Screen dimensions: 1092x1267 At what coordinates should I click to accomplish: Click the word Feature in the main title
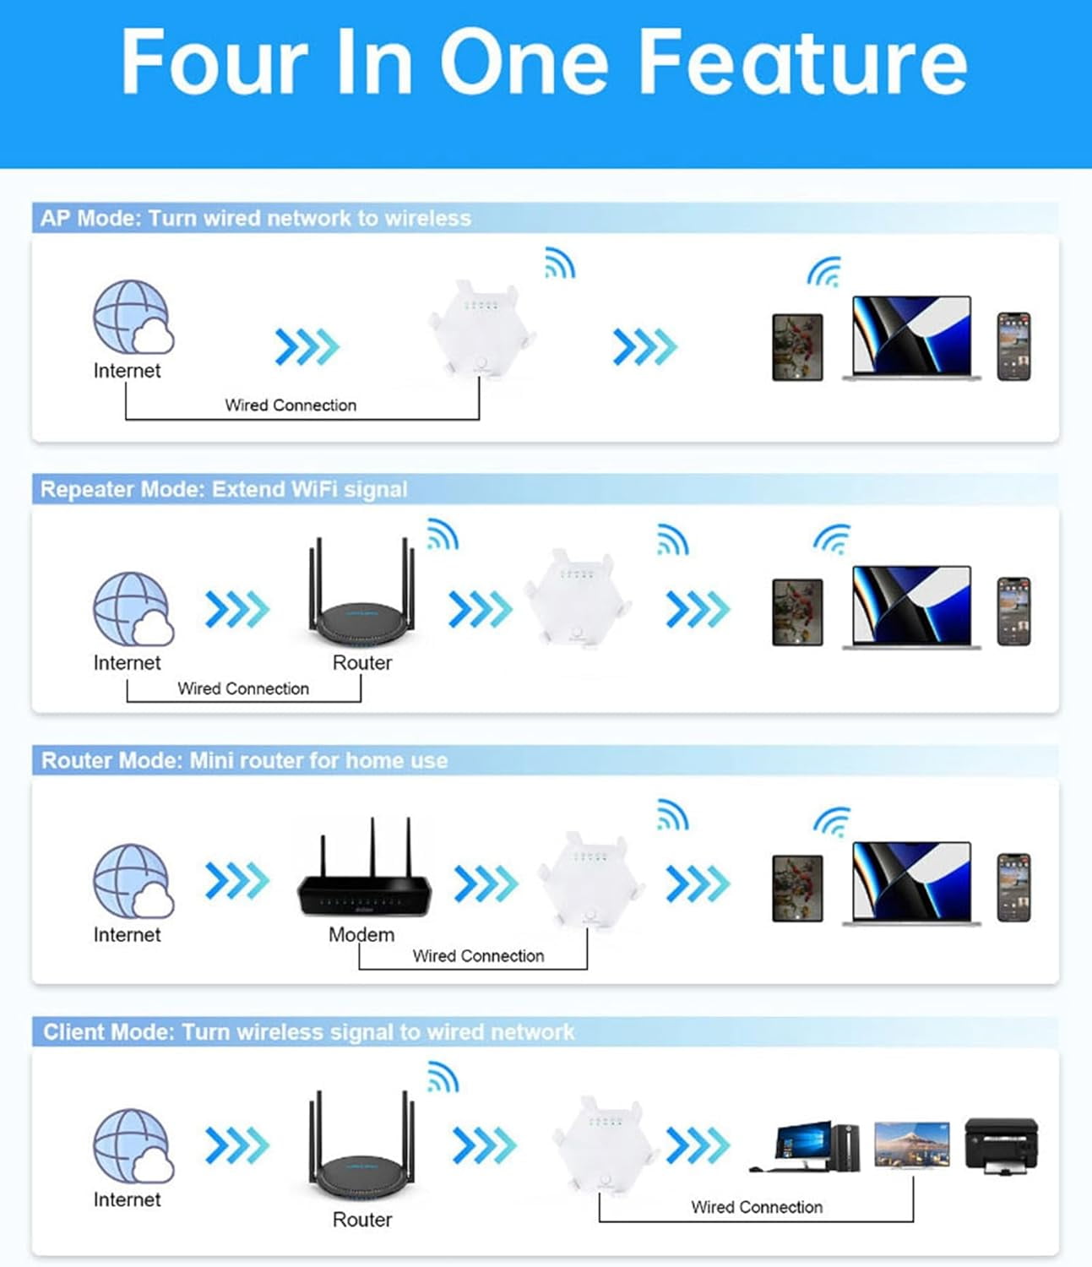[803, 63]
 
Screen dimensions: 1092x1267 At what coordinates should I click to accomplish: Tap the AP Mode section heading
[256, 218]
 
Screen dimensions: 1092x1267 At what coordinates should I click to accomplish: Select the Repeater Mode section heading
[224, 489]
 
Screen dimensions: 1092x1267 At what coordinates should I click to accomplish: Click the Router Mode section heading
[245, 760]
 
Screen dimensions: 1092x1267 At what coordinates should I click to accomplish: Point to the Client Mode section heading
[309, 1031]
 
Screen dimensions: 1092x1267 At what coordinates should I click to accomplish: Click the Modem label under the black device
[361, 934]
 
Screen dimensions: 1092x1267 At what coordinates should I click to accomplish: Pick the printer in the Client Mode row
[1002, 1145]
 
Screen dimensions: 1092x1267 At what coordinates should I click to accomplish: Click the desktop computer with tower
[805, 1146]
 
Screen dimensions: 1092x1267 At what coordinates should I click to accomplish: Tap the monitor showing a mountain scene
[912, 1145]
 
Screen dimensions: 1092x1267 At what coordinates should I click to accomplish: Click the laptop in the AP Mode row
[912, 338]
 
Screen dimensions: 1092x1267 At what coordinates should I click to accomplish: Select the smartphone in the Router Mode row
[1013, 888]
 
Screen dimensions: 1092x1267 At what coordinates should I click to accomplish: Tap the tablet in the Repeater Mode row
[797, 612]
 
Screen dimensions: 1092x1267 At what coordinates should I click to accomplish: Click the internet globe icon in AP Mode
[133, 317]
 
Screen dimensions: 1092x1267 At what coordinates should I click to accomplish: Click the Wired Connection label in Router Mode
[478, 955]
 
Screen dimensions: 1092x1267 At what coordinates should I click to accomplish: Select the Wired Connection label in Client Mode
[757, 1207]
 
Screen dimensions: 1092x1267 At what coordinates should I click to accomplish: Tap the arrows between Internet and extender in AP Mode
[307, 347]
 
